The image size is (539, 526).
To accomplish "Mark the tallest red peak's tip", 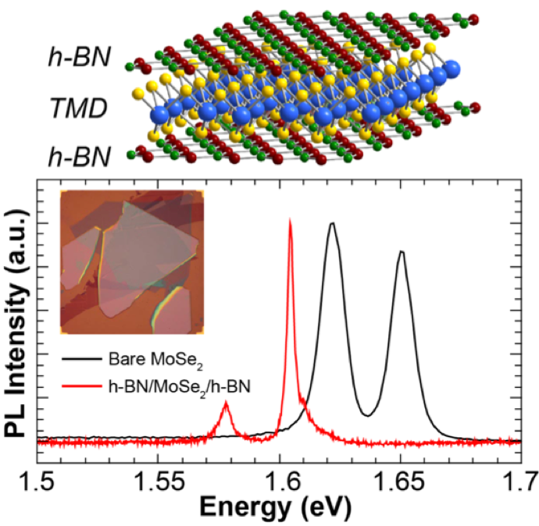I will tap(291, 221).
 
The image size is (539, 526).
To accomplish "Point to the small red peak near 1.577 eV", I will tap(226, 402).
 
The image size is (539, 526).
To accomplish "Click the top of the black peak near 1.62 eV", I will tap(332, 223).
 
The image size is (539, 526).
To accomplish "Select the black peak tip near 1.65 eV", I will tap(402, 251).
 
